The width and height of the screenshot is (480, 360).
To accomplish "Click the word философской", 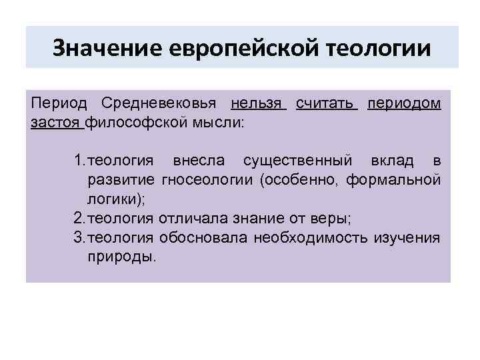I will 136,122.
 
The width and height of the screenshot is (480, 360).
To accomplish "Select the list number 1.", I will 78,161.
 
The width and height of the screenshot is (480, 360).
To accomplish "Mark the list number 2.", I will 78,218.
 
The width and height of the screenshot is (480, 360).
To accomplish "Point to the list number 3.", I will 78,237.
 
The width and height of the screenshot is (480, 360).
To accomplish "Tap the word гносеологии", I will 209,180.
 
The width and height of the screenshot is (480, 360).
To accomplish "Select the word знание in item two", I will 261,218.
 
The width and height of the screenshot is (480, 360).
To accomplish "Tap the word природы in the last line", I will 121,257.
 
